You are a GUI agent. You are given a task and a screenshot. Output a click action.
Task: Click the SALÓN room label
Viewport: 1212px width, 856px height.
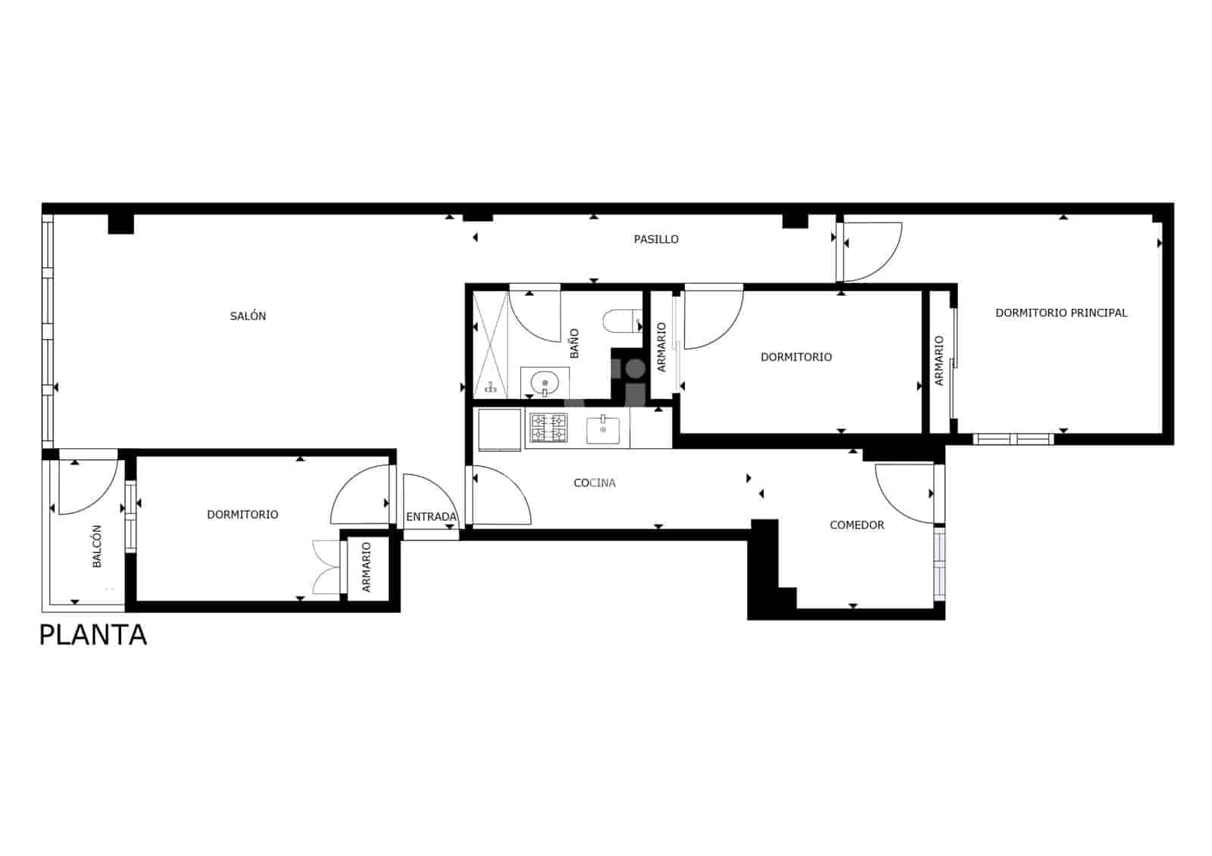click(x=248, y=316)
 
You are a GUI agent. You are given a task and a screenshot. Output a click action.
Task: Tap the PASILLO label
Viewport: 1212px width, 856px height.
click(x=656, y=239)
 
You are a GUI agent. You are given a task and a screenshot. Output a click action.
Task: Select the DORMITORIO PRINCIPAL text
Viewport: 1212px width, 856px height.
click(x=1060, y=313)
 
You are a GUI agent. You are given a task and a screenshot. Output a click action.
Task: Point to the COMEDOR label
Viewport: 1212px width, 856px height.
click(x=857, y=525)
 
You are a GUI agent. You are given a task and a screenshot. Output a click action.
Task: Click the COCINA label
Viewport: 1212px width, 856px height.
click(x=595, y=483)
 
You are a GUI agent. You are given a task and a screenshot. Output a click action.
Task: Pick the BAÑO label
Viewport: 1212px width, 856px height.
click(x=574, y=343)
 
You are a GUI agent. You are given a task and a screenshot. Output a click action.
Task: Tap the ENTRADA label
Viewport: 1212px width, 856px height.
click(x=431, y=517)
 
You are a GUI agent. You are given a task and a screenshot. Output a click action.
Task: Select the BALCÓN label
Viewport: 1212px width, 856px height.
click(x=97, y=546)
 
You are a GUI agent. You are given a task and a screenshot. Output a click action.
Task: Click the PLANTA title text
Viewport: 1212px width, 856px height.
click(x=92, y=635)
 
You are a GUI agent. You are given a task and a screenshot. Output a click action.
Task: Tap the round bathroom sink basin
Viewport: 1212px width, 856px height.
click(x=545, y=383)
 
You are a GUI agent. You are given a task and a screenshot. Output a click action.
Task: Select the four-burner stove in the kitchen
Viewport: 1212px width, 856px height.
click(x=548, y=428)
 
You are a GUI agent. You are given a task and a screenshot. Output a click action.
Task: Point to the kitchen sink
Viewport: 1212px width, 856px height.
click(x=603, y=431)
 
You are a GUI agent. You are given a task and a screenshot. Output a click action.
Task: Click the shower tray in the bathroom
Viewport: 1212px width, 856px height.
click(x=491, y=344)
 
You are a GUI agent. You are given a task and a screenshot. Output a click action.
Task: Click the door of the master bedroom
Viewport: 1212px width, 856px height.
click(x=871, y=251)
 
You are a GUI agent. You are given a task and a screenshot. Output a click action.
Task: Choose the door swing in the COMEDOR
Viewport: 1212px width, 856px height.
click(x=906, y=493)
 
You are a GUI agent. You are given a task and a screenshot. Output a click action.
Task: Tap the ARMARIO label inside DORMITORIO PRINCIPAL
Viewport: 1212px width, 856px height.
click(x=939, y=361)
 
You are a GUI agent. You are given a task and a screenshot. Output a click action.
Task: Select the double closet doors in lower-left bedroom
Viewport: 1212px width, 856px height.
click(x=326, y=567)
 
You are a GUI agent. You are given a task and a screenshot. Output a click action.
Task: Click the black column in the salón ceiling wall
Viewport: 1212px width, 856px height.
click(x=120, y=224)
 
